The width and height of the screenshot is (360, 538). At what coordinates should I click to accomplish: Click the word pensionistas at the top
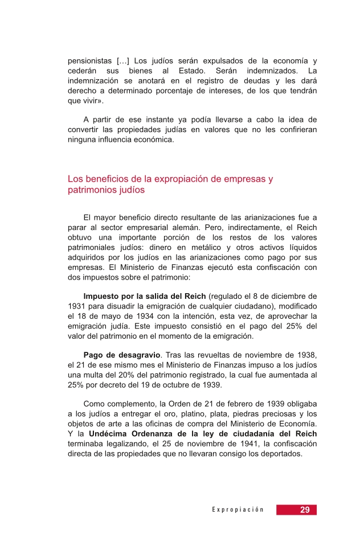[89, 61]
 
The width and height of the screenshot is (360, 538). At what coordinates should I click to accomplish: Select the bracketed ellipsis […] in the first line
[124, 61]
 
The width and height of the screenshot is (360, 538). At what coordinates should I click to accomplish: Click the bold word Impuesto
[103, 296]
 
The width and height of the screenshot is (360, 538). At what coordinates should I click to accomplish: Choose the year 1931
[77, 306]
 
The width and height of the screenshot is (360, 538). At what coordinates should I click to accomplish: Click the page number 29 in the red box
[305, 510]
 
